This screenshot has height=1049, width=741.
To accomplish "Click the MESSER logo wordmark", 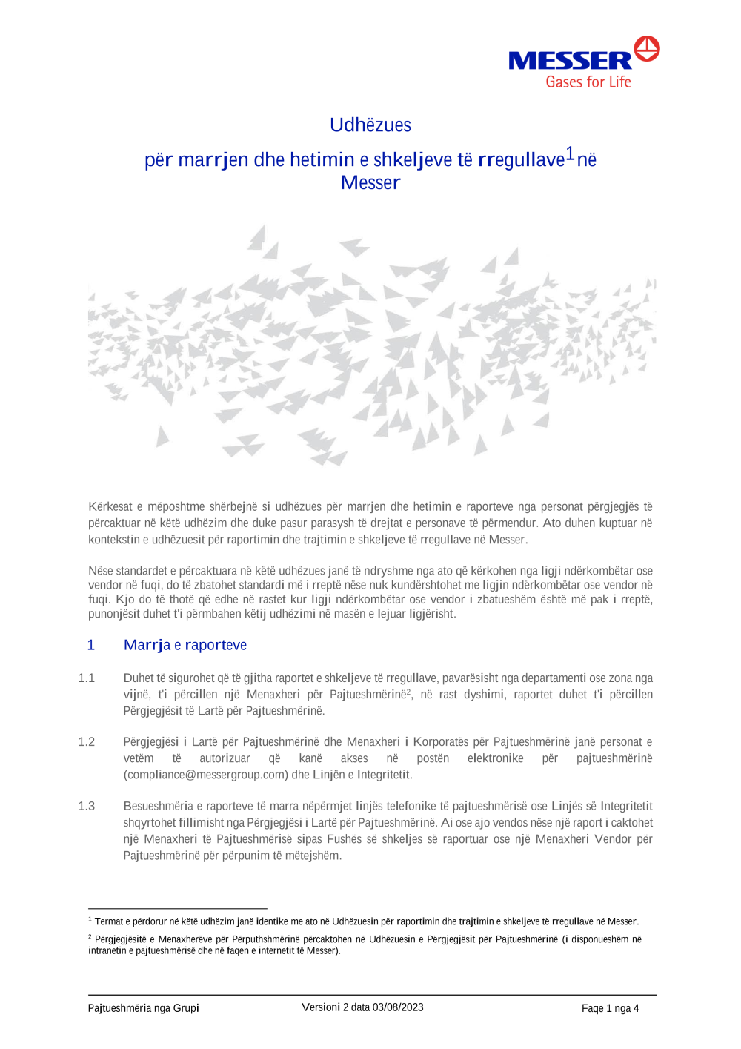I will tap(569, 61).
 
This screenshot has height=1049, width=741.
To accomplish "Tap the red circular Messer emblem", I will tap(647, 48).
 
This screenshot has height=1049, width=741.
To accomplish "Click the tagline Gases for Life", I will tap(588, 82).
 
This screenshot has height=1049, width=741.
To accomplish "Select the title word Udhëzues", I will tap(370, 125).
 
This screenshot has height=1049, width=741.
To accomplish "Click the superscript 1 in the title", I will tap(570, 153).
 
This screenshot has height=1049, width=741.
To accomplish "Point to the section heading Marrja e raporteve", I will tap(185, 645).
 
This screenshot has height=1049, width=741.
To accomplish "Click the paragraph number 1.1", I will tap(87, 678).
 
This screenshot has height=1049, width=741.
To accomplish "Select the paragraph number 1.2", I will tap(87, 742).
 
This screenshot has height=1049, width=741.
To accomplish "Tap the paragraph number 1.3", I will tap(87, 807).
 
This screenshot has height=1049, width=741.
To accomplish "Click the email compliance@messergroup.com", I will tap(205, 775).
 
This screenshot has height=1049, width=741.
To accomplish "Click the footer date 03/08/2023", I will tap(398, 1007).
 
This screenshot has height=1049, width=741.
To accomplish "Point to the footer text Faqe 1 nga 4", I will tap(610, 1008).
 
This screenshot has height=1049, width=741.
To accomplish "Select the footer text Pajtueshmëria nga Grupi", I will tap(143, 1008).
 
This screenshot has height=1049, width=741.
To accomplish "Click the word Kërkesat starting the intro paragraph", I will tap(110, 507).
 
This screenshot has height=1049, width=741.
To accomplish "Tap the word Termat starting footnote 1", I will tap(109, 921).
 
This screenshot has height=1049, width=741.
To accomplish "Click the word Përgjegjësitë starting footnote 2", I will tap(121, 939).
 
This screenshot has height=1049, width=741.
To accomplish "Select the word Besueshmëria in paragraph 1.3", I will tap(158, 807).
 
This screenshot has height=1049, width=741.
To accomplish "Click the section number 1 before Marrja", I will tap(91, 645).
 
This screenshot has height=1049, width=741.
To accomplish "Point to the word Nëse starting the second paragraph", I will tap(101, 571).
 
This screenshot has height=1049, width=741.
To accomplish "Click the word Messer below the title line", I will tap(370, 183).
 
